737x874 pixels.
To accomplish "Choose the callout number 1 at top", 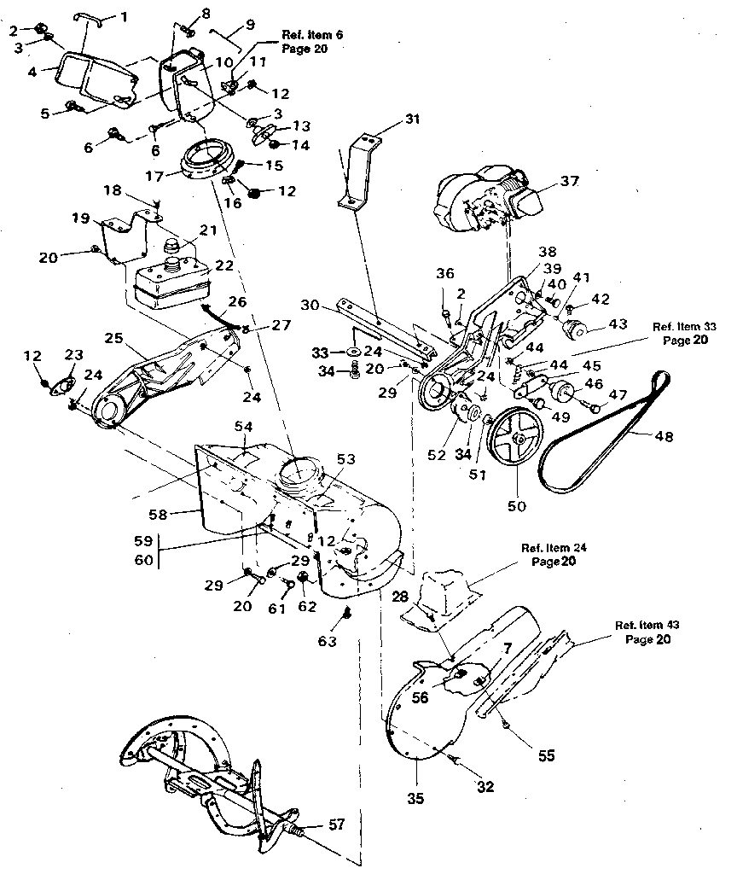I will (x=125, y=15).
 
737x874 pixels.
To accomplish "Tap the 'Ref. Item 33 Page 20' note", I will (x=685, y=332).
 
